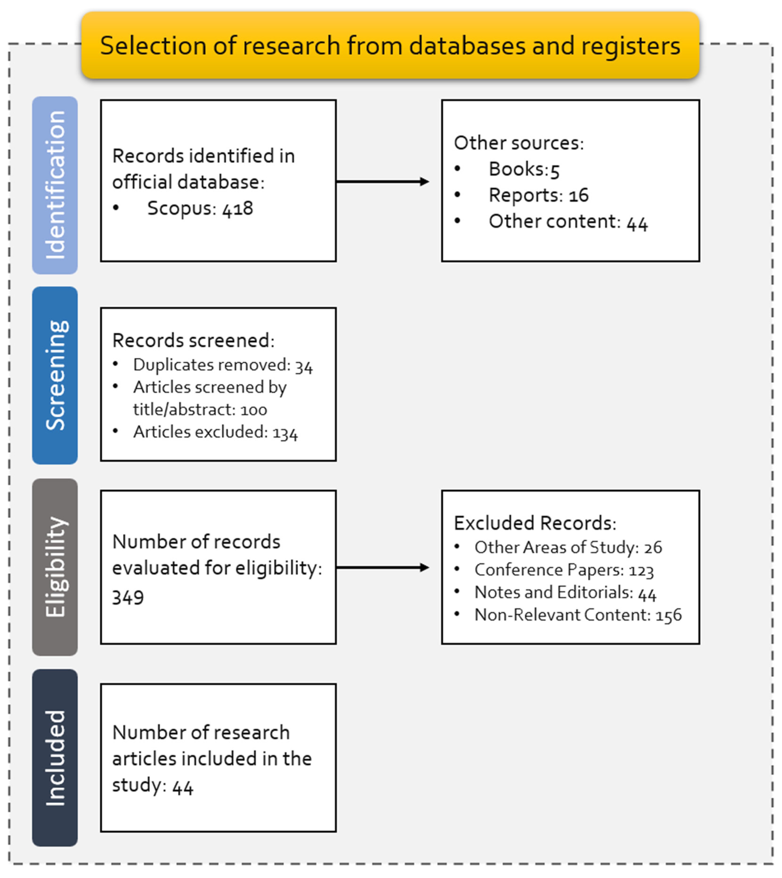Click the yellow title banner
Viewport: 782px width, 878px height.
[390, 45]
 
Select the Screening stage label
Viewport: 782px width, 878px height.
[55, 375]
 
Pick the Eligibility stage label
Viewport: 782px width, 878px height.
[55, 567]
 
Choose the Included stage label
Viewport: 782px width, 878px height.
[55, 758]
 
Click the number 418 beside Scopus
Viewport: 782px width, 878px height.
[238, 208]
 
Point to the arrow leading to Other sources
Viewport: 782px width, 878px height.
[383, 182]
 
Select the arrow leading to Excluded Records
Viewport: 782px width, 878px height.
[383, 567]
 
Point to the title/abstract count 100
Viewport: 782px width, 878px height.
[253, 410]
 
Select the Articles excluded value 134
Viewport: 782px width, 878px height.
[285, 433]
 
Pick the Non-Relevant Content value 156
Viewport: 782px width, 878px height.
[668, 615]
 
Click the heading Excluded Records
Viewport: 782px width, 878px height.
[535, 523]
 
